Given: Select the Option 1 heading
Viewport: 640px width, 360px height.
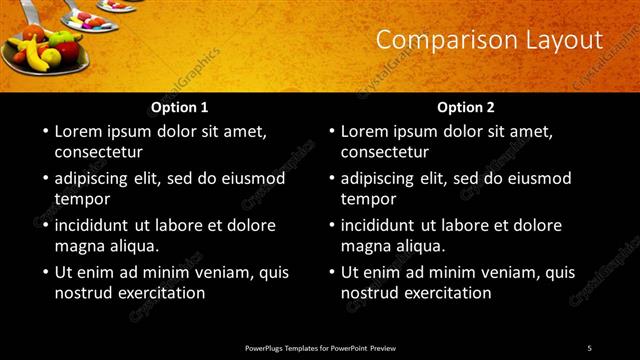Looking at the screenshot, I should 180,106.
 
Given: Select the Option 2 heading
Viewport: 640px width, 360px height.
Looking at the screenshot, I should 466,106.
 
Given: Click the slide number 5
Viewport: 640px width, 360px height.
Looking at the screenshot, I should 590,347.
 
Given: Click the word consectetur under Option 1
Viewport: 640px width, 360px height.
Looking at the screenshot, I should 99,153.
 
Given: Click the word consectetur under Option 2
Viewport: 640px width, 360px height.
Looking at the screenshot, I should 385,153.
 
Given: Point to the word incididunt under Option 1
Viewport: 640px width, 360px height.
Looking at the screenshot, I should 95,225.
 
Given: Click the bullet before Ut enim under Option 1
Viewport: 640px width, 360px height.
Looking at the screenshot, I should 44,272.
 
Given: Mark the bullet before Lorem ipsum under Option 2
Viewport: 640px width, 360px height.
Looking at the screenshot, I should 330,131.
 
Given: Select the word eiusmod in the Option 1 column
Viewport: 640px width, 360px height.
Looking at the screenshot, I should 251,179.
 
